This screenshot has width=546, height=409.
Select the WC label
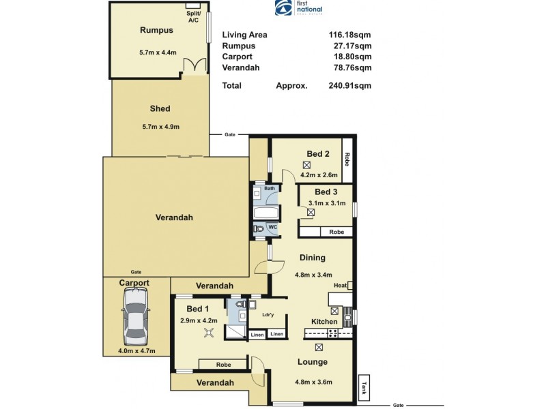tap(271, 226)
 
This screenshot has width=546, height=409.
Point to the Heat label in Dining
tap(340, 285)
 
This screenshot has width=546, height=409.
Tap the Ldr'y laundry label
tap(268, 314)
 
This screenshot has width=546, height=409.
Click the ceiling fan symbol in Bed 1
tap(210, 333)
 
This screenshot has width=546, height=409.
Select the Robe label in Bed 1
tap(222, 365)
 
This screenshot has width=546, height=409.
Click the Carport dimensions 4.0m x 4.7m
tap(136, 351)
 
